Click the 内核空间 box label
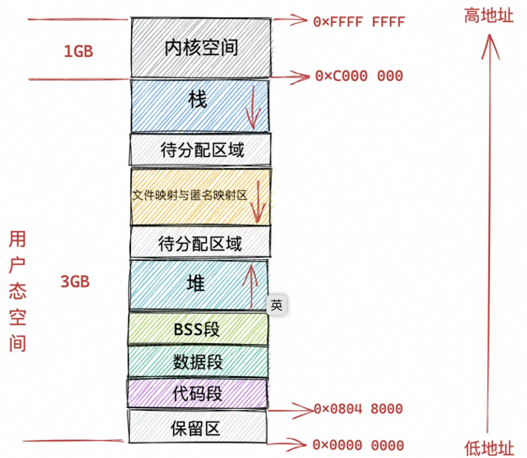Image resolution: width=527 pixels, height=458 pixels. [201, 48]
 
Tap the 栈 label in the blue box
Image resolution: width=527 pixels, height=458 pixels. [197, 100]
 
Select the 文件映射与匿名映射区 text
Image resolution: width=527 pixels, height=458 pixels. [190, 195]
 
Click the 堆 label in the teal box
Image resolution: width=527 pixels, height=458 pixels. [196, 283]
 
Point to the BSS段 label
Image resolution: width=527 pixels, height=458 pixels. [197, 329]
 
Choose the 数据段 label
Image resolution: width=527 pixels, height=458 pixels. [198, 362]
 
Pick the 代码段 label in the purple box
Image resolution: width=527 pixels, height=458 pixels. [197, 394]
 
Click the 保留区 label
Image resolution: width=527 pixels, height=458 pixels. [196, 429]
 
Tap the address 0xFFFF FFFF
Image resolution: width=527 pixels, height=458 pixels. [359, 22]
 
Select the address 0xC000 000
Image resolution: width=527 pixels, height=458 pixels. [359, 76]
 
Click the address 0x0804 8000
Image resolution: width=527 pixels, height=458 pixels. [358, 409]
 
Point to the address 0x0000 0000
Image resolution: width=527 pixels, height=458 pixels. [358, 445]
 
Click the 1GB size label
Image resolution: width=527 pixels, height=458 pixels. [79, 52]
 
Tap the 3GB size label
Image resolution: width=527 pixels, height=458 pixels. [75, 282]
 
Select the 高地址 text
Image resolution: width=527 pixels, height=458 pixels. [489, 16]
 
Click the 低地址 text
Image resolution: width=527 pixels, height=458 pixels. [489, 448]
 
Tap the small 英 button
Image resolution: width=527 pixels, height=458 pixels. [277, 305]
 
